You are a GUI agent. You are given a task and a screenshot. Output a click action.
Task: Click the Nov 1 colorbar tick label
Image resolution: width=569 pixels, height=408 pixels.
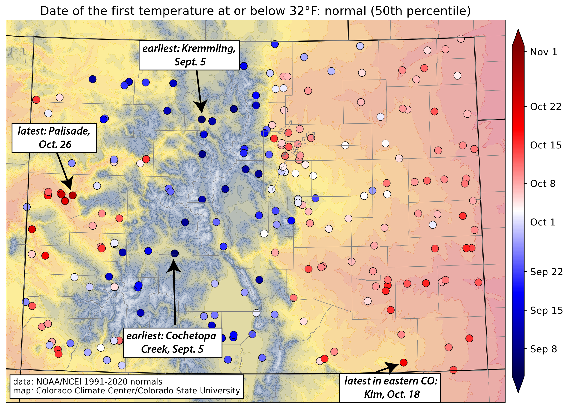(x=543, y=52)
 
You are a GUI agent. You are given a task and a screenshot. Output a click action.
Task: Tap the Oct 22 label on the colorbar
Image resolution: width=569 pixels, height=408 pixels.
(x=545, y=107)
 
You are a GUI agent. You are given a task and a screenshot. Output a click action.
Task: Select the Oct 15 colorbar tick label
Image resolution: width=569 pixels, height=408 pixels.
(x=545, y=145)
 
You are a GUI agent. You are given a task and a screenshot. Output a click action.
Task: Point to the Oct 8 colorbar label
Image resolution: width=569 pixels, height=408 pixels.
(x=543, y=184)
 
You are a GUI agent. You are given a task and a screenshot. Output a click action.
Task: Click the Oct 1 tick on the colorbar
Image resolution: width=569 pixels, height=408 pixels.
(x=543, y=222)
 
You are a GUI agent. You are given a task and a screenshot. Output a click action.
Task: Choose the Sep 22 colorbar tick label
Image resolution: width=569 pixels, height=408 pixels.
(x=546, y=272)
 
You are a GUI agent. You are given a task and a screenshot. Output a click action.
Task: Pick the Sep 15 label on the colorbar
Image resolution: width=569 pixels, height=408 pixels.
(x=546, y=311)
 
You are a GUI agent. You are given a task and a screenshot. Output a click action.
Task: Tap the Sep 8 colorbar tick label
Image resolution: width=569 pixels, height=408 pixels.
(x=543, y=349)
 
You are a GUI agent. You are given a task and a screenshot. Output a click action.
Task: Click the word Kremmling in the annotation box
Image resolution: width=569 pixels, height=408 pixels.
(x=208, y=49)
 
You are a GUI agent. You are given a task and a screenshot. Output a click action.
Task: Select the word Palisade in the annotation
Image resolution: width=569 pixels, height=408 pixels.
(x=69, y=131)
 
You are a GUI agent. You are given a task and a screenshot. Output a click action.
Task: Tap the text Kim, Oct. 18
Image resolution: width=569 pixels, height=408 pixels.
(x=392, y=395)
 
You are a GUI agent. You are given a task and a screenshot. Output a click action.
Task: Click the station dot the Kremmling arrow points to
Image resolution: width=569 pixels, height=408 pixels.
(x=202, y=119)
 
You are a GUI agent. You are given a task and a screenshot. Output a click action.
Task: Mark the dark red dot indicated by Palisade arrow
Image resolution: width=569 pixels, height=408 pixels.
(x=72, y=195)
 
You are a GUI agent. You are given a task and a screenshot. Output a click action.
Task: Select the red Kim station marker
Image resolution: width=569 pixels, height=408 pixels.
(x=403, y=363)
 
